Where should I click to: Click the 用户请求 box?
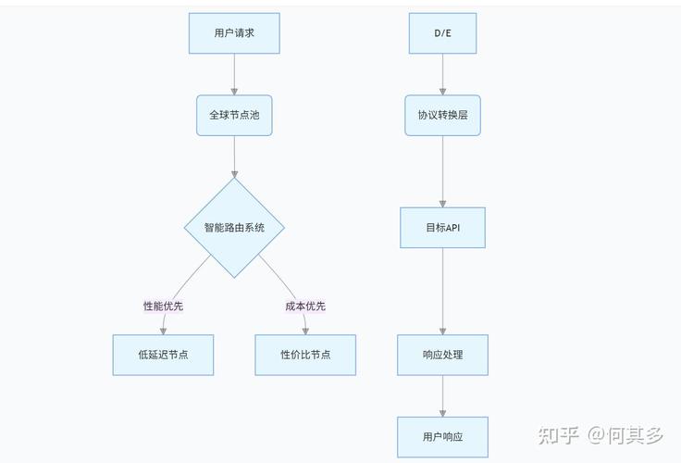coord(234,33)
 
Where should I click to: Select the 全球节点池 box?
coord(234,116)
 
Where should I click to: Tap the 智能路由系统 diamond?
coord(234,228)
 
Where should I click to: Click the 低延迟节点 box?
coord(163,355)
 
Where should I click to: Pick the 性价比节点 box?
coord(305,355)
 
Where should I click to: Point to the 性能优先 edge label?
coord(163,307)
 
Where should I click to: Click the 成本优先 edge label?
coord(305,307)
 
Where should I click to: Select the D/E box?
coord(442,33)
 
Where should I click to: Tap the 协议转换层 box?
coord(442,116)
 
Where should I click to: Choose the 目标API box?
coord(442,228)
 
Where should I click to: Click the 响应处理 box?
coord(442,355)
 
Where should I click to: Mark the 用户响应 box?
coord(442,437)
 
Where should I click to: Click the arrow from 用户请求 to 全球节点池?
coord(234,74)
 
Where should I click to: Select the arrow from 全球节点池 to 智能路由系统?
coord(234,157)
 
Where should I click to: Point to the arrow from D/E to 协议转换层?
coord(442,74)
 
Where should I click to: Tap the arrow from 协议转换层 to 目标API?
coord(442,171)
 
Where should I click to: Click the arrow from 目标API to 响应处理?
coord(442,292)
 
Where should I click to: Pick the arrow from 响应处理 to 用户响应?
coord(442,396)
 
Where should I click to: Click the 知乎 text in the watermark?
coord(559,434)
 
